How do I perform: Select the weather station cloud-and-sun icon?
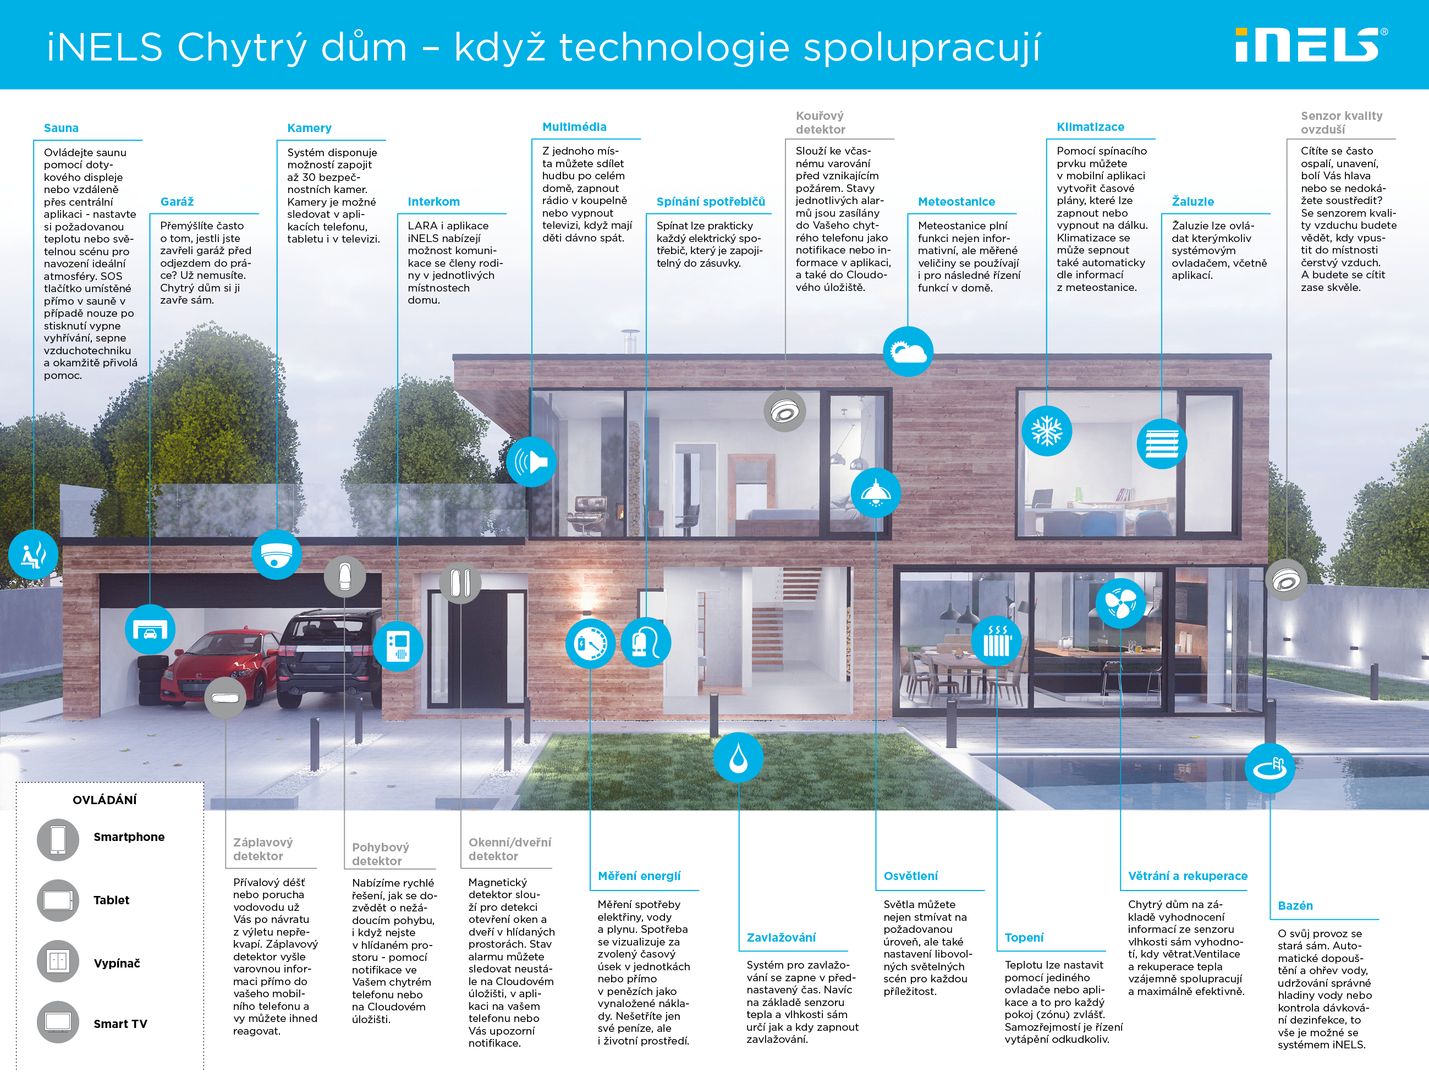[908, 351]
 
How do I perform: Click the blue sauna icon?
[33, 554]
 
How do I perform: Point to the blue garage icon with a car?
[150, 629]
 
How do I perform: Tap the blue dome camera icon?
[277, 554]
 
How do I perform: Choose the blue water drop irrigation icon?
[738, 757]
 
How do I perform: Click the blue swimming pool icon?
[1269, 768]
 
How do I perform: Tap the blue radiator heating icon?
[997, 641]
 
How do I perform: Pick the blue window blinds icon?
[1162, 444]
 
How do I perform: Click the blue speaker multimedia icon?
[531, 462]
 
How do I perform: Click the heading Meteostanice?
[956, 202]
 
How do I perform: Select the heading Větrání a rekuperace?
[1188, 876]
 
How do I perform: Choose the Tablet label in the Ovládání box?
[111, 900]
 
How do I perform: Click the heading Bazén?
[1295, 906]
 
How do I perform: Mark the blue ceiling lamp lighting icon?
[875, 493]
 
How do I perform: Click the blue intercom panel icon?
[398, 646]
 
